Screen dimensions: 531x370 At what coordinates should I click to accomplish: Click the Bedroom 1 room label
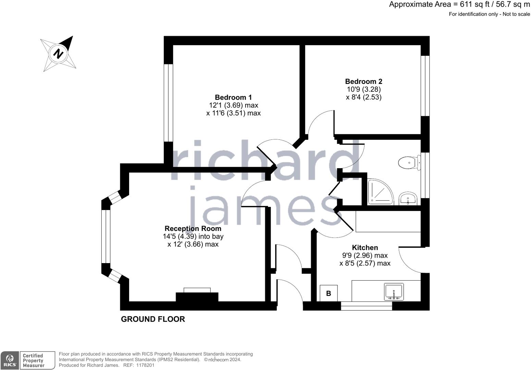[x=233, y=97]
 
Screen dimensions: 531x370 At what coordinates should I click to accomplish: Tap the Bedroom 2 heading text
[x=363, y=82]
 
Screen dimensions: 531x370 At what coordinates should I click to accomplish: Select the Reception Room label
[x=193, y=229]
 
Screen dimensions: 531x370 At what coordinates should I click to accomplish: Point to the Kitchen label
[x=365, y=247]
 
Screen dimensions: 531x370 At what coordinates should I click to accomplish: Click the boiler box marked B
[x=329, y=293]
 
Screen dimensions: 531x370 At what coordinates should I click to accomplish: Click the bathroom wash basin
[x=408, y=199]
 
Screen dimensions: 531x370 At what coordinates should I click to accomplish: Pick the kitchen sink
[x=394, y=292]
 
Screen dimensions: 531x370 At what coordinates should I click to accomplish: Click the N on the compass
[x=58, y=54]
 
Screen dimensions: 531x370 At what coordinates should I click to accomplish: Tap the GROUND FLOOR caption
[x=153, y=319]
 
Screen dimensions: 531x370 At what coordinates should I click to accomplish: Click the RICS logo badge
[x=10, y=360]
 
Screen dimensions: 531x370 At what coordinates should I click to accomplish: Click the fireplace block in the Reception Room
[x=197, y=297]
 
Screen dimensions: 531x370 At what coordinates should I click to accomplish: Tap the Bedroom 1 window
[x=168, y=103]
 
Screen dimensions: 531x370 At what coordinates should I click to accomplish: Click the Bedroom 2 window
[x=425, y=86]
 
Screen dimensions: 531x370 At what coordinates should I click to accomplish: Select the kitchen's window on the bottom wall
[x=367, y=306]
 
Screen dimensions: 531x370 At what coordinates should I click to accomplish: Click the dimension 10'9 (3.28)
[x=364, y=89]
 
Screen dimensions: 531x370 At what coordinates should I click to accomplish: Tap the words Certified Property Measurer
[x=34, y=360]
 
